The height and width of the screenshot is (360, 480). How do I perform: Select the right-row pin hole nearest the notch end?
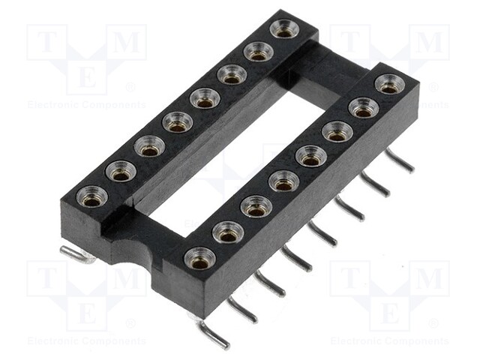click(x=199, y=258)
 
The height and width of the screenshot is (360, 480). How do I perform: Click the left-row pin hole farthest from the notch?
click(x=284, y=29)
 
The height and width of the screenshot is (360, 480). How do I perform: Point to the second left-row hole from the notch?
click(x=120, y=172)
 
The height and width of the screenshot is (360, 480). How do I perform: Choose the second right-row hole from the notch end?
click(x=227, y=233)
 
